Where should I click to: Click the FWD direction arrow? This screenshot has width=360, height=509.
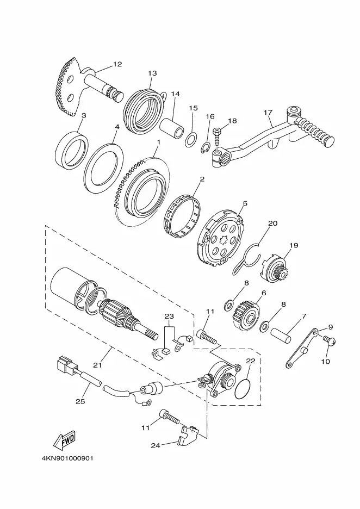pyautogui.click(x=64, y=439)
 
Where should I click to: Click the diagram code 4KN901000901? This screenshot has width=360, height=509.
pyautogui.click(x=67, y=458)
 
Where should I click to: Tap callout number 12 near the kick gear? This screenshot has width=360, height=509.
pyautogui.click(x=117, y=64)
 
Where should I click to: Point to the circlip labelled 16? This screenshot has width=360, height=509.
pyautogui.click(x=205, y=148)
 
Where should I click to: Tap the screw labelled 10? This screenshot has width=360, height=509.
pyautogui.click(x=329, y=340)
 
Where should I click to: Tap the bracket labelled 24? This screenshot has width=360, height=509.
pyautogui.click(x=189, y=433)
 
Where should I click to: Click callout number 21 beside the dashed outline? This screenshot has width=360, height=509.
pyautogui.click(x=97, y=365)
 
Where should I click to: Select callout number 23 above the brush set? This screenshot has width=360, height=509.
pyautogui.click(x=169, y=316)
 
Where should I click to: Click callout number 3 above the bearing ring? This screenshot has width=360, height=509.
pyautogui.click(x=83, y=116)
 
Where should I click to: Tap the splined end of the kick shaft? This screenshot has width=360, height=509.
pyautogui.click(x=117, y=95)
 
